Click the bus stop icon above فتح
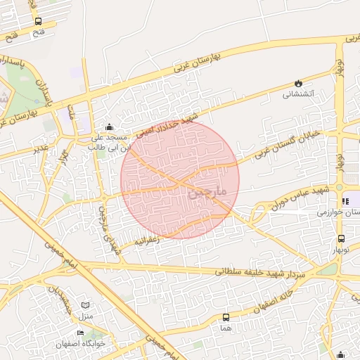[x=37, y=21]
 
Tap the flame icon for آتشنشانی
[x=299, y=82]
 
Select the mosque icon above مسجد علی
[x=109, y=127]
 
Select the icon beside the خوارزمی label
[x=345, y=201]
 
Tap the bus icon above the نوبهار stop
[x=341, y=239]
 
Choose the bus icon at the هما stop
[x=226, y=317]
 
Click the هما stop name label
[x=226, y=328]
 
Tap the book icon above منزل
[x=86, y=306]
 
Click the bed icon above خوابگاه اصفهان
[x=79, y=333]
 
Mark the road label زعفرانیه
[x=148, y=240]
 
